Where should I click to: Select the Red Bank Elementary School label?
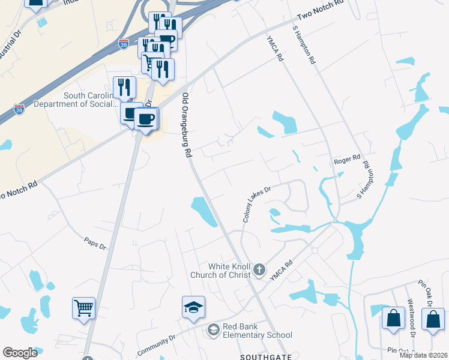click(x=257, y=331)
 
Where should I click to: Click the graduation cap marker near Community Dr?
click(x=193, y=308)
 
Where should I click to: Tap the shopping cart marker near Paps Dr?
click(x=84, y=309)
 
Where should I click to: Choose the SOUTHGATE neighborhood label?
click(x=267, y=356)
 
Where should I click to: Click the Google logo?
click(x=20, y=353)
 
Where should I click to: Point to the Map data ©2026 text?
click(x=423, y=355)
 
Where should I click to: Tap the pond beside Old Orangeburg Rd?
click(x=203, y=212)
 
